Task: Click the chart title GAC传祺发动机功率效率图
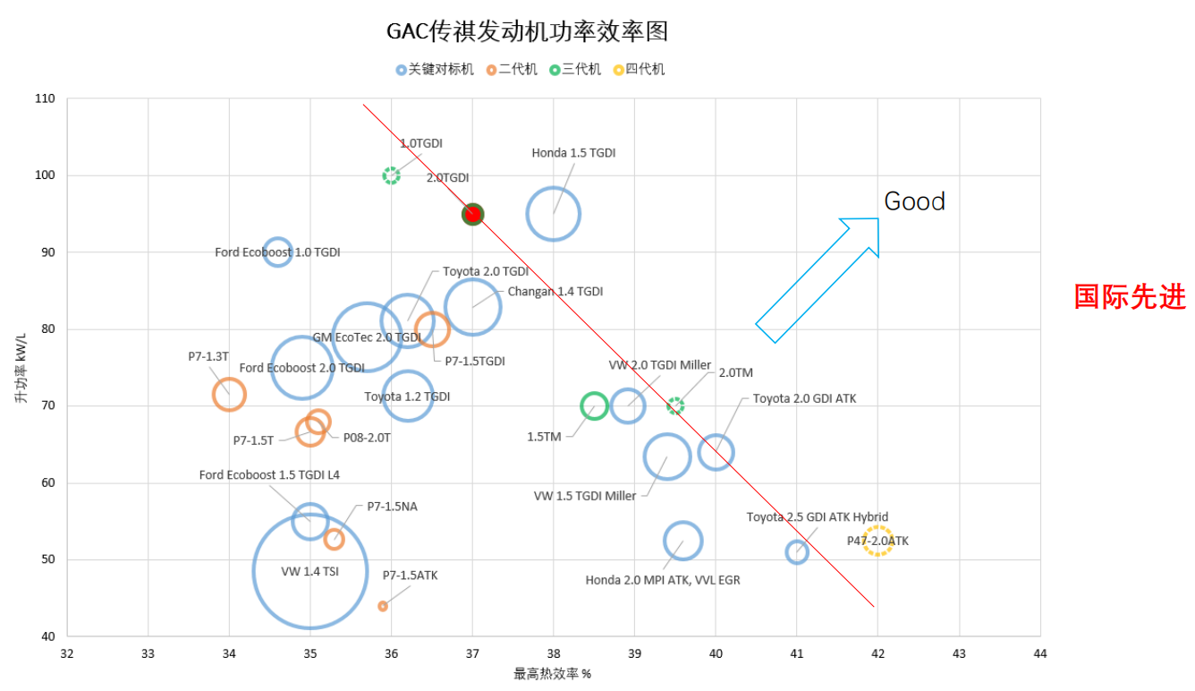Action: pos(527,32)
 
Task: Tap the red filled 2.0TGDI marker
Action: pos(472,214)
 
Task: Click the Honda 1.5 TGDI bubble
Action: pos(554,214)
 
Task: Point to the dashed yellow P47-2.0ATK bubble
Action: pos(878,541)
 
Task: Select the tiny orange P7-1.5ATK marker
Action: pos(383,606)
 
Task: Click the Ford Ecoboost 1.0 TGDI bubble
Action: pos(278,252)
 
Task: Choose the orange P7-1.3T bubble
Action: pos(229,394)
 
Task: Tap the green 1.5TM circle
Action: pos(594,406)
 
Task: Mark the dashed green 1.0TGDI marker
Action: pos(391,175)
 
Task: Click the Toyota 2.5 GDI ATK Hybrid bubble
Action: pos(797,552)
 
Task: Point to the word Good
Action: pos(914,201)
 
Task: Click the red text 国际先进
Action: pos(1130,296)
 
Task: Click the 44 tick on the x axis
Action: pos(1039,653)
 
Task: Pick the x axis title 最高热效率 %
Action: pos(552,674)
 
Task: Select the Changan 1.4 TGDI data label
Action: pos(555,292)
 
